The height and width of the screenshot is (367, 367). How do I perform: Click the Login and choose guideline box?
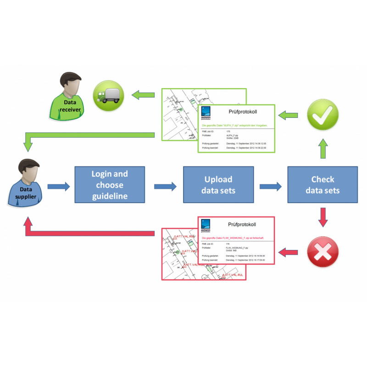pos(110,185)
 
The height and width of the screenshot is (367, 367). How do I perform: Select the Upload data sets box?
pos(218,185)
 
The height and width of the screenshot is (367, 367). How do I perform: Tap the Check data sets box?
pos(323,185)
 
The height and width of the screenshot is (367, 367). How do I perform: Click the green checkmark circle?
pos(323,115)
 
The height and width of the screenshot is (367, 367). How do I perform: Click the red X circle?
pos(323,251)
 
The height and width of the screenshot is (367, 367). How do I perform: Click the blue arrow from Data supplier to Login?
pos(59,186)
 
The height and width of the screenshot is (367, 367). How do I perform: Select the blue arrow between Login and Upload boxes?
pos(165,186)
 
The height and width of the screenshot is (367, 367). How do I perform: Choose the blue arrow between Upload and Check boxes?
pos(271,186)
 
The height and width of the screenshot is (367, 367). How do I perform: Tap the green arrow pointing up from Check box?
pos(323,148)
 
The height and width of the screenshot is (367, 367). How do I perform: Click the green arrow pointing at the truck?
pos(143,96)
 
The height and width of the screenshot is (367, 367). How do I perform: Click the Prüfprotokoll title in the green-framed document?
pos(242,111)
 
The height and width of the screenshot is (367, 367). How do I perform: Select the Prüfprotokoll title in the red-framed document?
pos(242,225)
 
